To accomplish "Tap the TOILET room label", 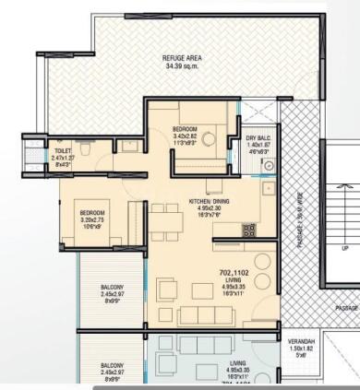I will click(x=63, y=149).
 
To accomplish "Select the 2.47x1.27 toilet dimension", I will click(x=63, y=157).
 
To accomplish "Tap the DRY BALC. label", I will click(x=257, y=138).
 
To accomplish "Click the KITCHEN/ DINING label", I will click(x=212, y=200).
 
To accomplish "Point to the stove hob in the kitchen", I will click(x=248, y=228).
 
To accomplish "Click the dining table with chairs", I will click(x=165, y=218).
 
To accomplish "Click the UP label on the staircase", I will click(x=344, y=248).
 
